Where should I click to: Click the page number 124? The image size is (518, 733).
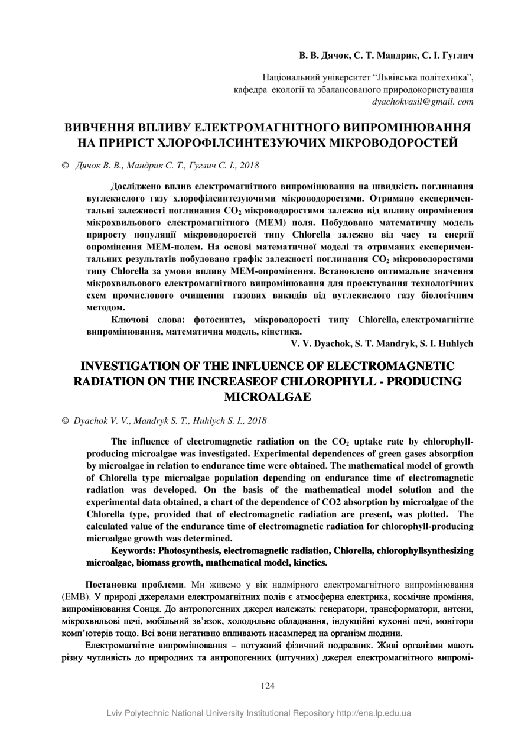[x=268, y=686]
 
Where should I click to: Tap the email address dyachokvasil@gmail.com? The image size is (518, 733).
[x=422, y=102]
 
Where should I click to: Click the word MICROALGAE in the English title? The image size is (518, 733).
[x=268, y=397]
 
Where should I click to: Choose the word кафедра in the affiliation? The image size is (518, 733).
[x=252, y=90]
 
